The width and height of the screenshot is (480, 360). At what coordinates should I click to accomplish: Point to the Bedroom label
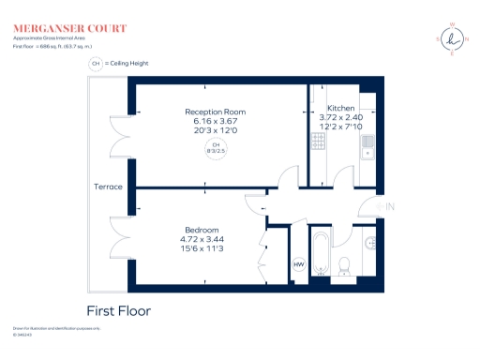(x=201, y=231)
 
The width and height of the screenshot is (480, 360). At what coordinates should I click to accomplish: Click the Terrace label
(x=108, y=187)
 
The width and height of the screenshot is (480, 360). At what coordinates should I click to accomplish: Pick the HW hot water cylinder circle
(x=299, y=265)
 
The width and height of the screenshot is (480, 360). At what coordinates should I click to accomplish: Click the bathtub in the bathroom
(x=319, y=253)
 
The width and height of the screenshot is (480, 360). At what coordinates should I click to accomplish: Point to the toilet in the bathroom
(x=343, y=265)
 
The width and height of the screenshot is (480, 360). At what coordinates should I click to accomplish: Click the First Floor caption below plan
(x=118, y=310)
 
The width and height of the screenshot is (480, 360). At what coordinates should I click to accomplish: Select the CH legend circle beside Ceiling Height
(x=96, y=64)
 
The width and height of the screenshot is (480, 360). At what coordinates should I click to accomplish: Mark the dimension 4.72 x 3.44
(x=201, y=240)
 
